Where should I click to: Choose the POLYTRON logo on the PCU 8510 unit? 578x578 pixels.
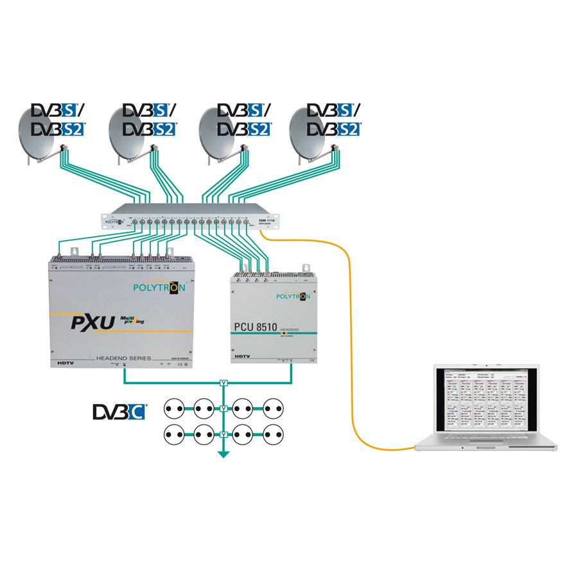293,296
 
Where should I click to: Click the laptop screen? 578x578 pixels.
486,402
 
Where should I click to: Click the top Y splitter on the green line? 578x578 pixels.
223,383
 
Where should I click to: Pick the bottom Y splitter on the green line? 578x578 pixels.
223,435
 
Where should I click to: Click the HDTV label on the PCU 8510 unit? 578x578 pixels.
242,355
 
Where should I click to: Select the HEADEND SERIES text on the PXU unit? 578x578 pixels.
123,358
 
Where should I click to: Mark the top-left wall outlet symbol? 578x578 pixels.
175,407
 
